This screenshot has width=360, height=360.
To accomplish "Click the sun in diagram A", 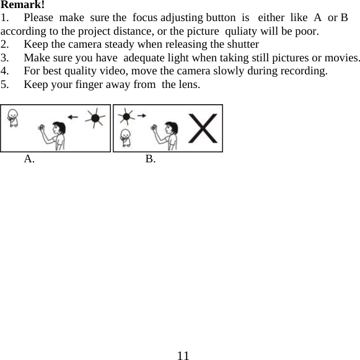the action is tap(95, 117).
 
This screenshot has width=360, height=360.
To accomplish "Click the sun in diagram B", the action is tap(127, 116).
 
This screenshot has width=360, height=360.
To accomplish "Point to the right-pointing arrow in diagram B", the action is tap(141, 115).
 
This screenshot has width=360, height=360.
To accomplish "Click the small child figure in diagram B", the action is tap(126, 136).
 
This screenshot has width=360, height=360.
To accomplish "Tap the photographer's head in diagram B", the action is tap(173, 128).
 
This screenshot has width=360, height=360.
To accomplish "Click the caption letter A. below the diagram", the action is tap(29, 159).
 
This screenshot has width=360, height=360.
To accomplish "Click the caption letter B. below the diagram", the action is tap(151, 159).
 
